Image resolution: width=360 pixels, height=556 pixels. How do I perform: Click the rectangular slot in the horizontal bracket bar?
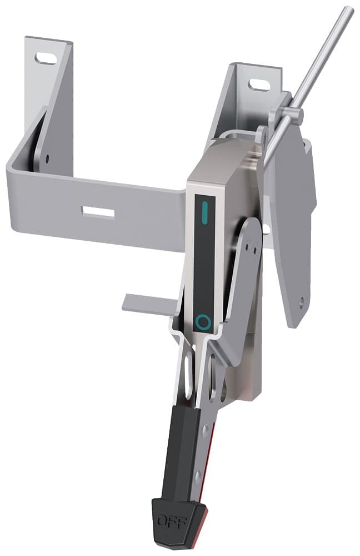click(98, 212)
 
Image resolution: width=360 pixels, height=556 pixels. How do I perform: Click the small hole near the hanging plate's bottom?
click(301, 303)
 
